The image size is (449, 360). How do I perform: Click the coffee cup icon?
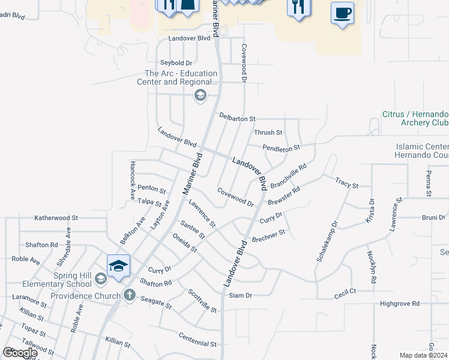pos(342,13)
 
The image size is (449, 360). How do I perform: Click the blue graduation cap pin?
pos(118,266)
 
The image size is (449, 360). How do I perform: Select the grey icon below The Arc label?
pos(200,95)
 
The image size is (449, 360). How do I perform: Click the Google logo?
pos(20,353)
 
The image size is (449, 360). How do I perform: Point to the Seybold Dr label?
pos(176,63)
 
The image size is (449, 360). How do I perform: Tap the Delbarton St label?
pos(237,118)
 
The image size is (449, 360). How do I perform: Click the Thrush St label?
pos(268,133)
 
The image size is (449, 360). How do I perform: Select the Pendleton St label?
pos(281,147)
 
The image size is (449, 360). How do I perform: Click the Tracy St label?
pos(346,182)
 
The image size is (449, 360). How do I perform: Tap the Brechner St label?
pos(268,235)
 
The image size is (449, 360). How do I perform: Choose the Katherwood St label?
pos(56,218)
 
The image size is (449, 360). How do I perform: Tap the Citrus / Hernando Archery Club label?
pos(415,118)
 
